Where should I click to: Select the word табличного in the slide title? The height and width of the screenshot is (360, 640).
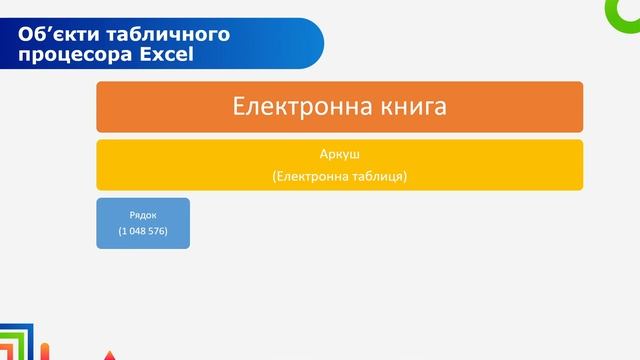tap(161, 34)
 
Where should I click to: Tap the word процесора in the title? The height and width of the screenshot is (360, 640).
tap(68, 54)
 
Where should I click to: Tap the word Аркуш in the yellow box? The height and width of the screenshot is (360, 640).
tap(339, 156)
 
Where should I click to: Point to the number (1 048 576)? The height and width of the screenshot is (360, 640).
tap(143, 232)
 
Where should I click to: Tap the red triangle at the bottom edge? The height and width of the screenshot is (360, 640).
tap(110, 355)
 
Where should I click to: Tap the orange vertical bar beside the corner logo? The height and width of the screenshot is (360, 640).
tap(46, 351)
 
